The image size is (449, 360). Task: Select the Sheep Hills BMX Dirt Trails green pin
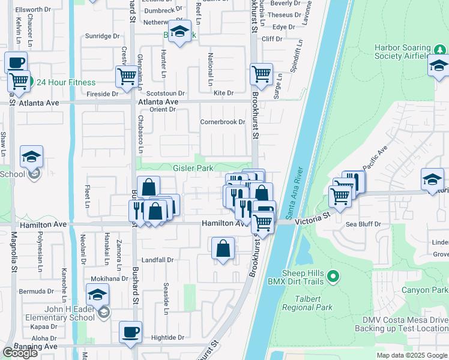[334, 277]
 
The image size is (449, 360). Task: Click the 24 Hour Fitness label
[65, 83]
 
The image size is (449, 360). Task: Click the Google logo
[20, 353]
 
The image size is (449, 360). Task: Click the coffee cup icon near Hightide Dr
[130, 332]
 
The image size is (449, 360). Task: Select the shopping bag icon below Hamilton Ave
[223, 248]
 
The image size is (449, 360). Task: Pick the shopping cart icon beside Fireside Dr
[127, 77]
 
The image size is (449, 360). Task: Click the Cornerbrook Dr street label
[223, 122]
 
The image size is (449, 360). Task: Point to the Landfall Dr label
[157, 260]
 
